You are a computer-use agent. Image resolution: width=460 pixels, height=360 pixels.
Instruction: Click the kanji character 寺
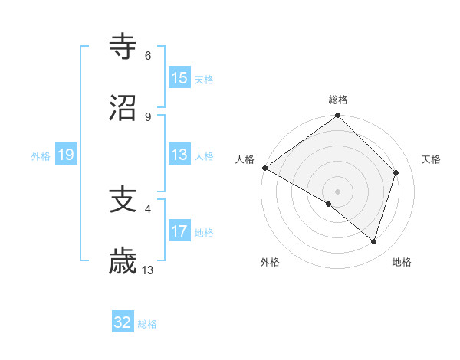coord(123,47)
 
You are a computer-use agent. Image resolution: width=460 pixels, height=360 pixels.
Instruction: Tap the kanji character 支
coord(123,201)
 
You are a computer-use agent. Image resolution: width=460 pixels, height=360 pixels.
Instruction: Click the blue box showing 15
coord(179,77)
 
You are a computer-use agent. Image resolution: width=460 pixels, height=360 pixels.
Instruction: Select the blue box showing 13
coord(179,155)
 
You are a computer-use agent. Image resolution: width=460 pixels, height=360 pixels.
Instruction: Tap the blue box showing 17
coord(179,231)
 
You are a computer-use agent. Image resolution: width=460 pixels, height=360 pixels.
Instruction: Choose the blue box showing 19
coord(66,155)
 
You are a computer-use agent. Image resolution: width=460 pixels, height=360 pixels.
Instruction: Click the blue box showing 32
coord(123,322)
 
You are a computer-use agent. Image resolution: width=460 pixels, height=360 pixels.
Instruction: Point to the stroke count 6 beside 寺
coord(148,56)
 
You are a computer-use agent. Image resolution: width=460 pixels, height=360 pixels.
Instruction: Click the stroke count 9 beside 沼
coord(148,116)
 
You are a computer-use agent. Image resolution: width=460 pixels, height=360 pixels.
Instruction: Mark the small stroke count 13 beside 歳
coord(148,270)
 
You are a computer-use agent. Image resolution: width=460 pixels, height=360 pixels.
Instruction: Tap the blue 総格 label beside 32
coord(147,324)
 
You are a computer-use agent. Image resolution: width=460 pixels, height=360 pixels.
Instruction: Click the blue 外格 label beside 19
coord(41,156)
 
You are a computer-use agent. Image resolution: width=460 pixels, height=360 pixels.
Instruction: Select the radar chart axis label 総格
coord(338,100)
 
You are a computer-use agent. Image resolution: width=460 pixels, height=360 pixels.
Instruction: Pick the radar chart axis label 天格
coord(432,159)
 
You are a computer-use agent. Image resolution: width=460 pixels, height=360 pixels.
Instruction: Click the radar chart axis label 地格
coord(402,263)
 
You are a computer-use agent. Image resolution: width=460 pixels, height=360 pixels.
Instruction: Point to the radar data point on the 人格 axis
coord(264,168)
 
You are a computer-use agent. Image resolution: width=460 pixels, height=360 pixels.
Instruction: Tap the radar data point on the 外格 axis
coord(329,204)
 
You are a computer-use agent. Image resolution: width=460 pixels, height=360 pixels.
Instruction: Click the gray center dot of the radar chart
coord(337,191)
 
